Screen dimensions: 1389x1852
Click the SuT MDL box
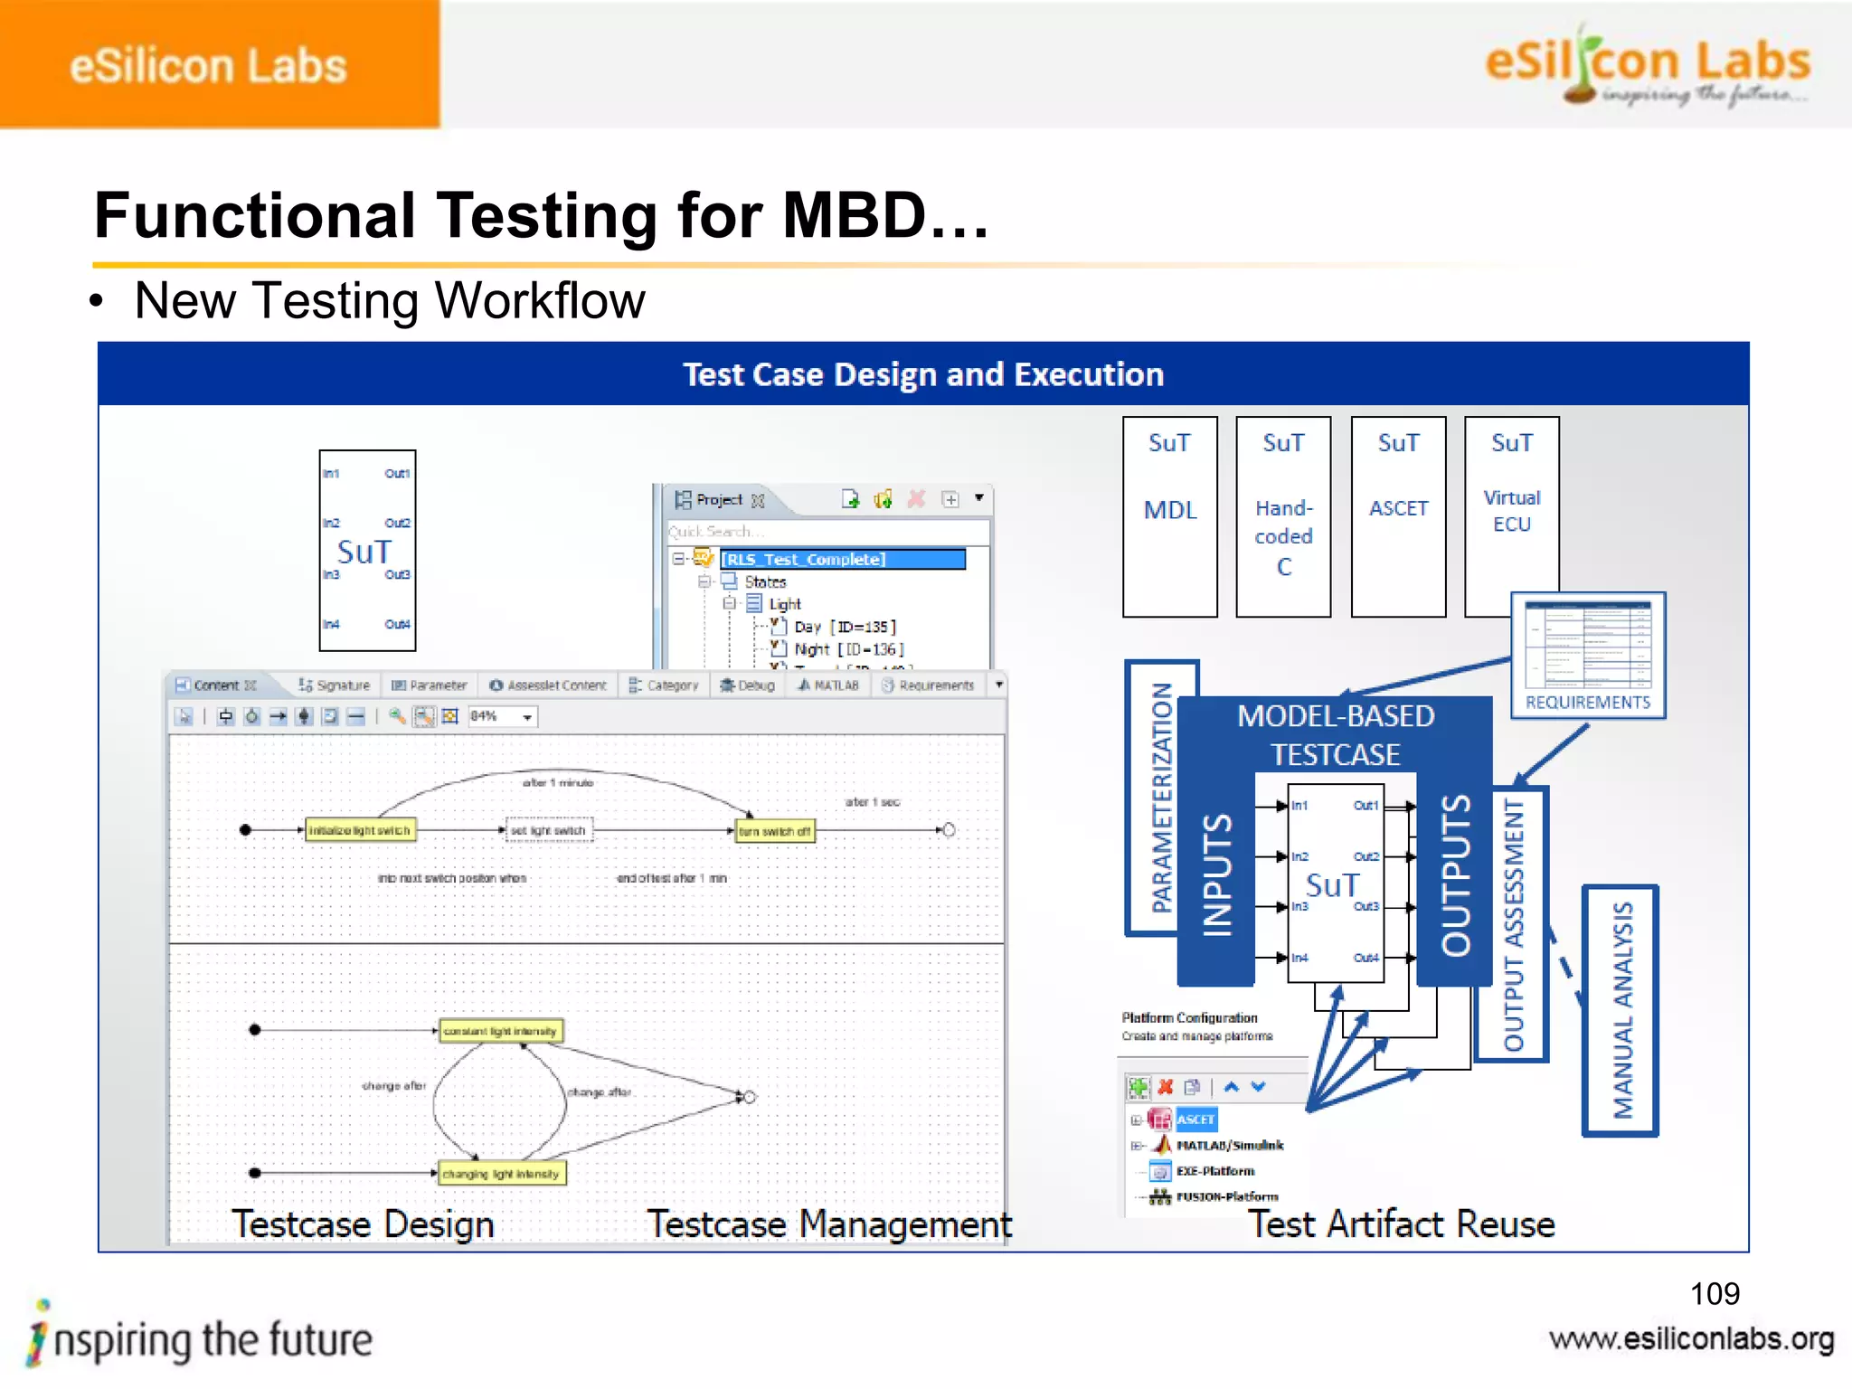click(x=1169, y=516)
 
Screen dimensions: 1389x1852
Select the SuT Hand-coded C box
click(x=1282, y=516)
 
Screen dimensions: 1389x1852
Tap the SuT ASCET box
click(x=1397, y=516)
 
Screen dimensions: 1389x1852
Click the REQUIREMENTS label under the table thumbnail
click(x=1587, y=703)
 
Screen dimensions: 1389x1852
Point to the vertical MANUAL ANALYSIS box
click(x=1621, y=1010)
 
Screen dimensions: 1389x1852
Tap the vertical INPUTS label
click(x=1217, y=874)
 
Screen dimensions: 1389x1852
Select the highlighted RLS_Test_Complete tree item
click(x=842, y=559)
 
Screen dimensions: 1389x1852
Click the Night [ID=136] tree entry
click(x=847, y=649)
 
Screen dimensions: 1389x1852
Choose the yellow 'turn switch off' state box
click(x=775, y=831)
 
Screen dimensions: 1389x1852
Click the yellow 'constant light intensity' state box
click(x=500, y=1031)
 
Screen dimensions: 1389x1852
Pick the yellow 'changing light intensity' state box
click(x=501, y=1174)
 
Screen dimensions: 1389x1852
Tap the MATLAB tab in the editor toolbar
click(x=829, y=685)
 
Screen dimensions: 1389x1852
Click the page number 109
click(x=1714, y=1294)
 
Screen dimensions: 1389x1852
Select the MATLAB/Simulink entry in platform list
click(x=1229, y=1146)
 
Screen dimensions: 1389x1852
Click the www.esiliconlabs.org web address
click(x=1690, y=1339)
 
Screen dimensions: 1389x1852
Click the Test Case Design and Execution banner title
click(x=922, y=374)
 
